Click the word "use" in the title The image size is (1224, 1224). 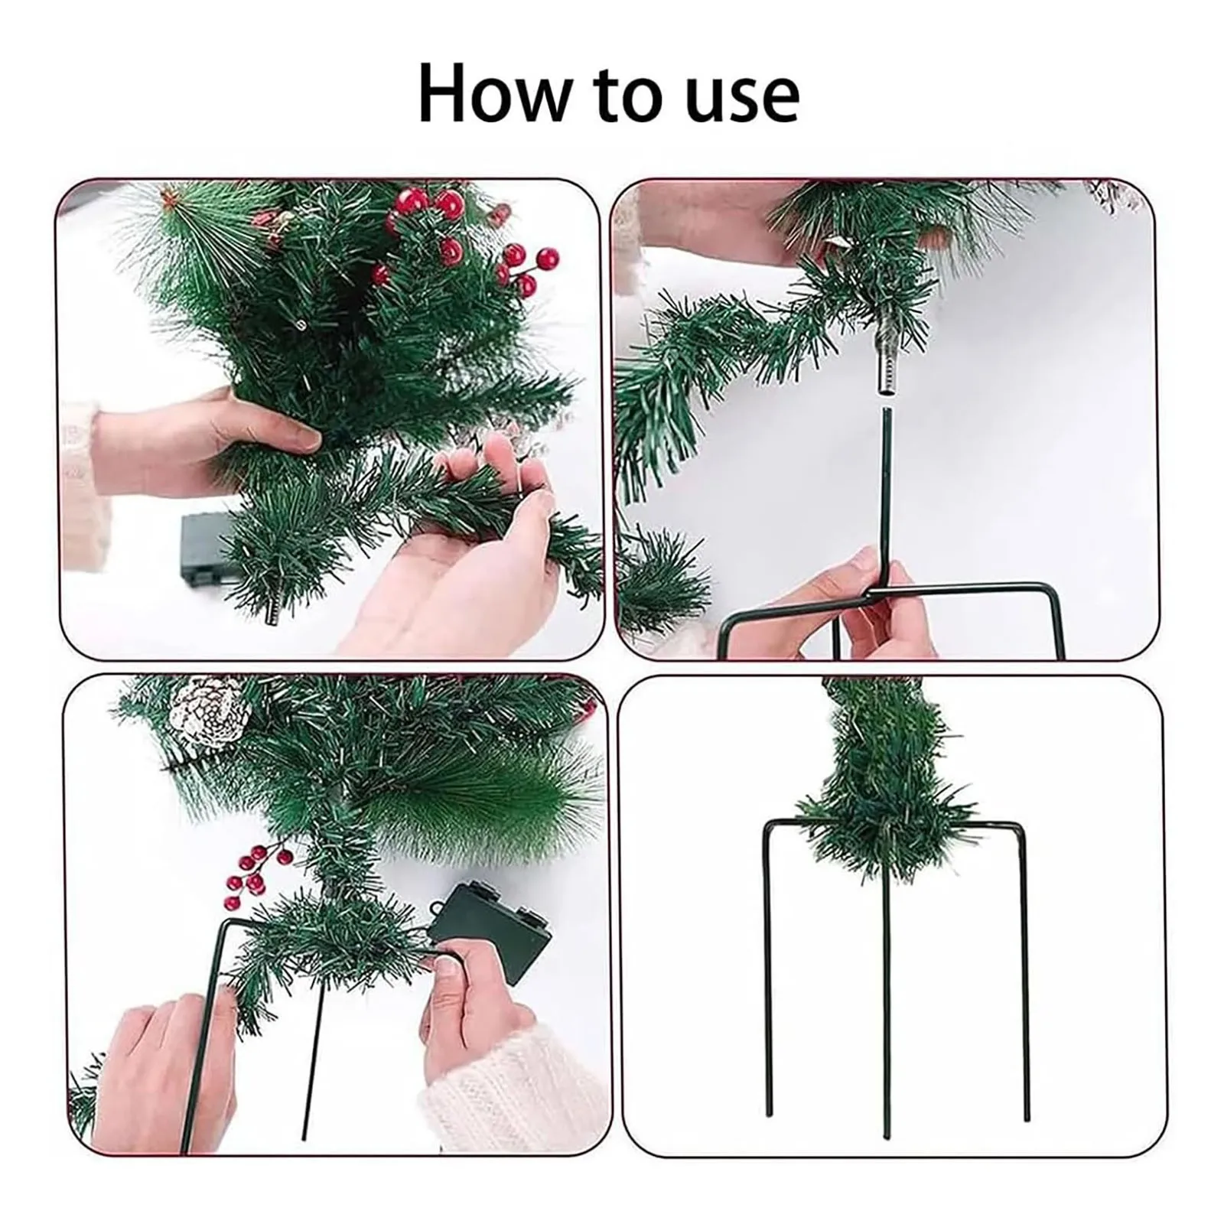(x=739, y=98)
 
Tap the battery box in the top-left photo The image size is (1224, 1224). (x=208, y=545)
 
